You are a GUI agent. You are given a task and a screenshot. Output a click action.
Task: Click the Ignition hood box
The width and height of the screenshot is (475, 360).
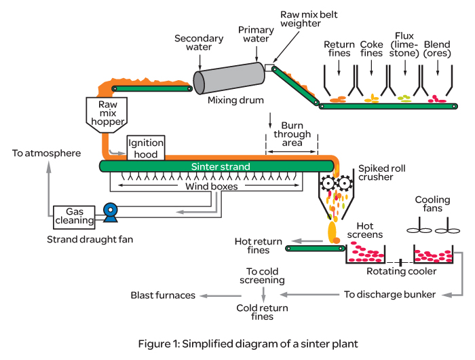[x=146, y=149]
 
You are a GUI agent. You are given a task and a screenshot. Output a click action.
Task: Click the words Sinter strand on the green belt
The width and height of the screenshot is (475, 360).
[x=221, y=166]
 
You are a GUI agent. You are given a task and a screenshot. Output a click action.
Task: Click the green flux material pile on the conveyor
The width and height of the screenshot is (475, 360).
[x=404, y=99]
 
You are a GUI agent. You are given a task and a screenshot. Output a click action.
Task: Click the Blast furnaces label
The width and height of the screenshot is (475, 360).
[x=162, y=295]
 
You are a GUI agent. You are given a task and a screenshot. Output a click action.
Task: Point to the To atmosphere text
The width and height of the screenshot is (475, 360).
[x=46, y=154]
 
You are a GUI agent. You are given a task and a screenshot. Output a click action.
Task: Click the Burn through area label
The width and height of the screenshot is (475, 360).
[x=292, y=134]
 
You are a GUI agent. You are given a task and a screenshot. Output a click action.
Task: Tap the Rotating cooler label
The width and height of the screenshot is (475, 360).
[x=402, y=272]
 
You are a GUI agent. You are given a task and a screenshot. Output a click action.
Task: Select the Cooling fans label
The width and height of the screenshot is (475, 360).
[x=432, y=204]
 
